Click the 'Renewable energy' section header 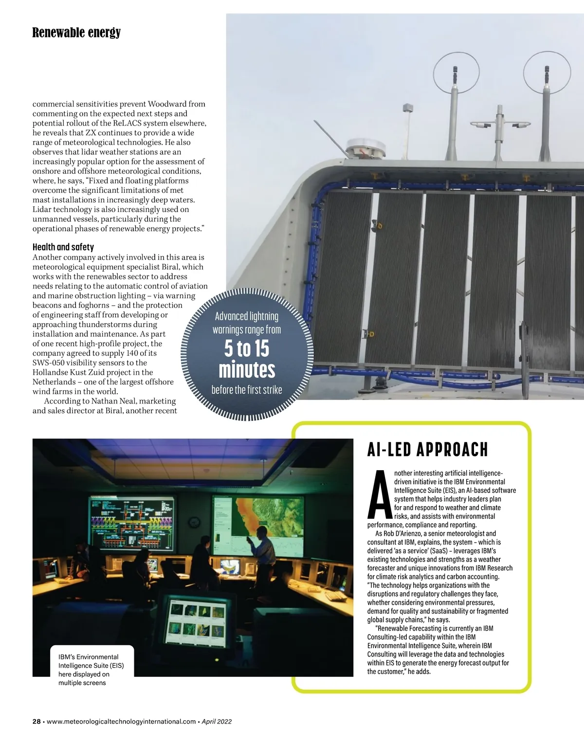tap(76, 33)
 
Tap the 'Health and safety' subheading tap(63, 247)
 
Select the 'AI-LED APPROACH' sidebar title tap(427, 450)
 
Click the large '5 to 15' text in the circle tap(247, 349)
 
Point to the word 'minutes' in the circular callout tap(247, 370)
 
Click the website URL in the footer tap(121, 722)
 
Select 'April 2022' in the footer tap(217, 722)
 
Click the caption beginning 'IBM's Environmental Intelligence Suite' tap(91, 670)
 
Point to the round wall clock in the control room tap(195, 522)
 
